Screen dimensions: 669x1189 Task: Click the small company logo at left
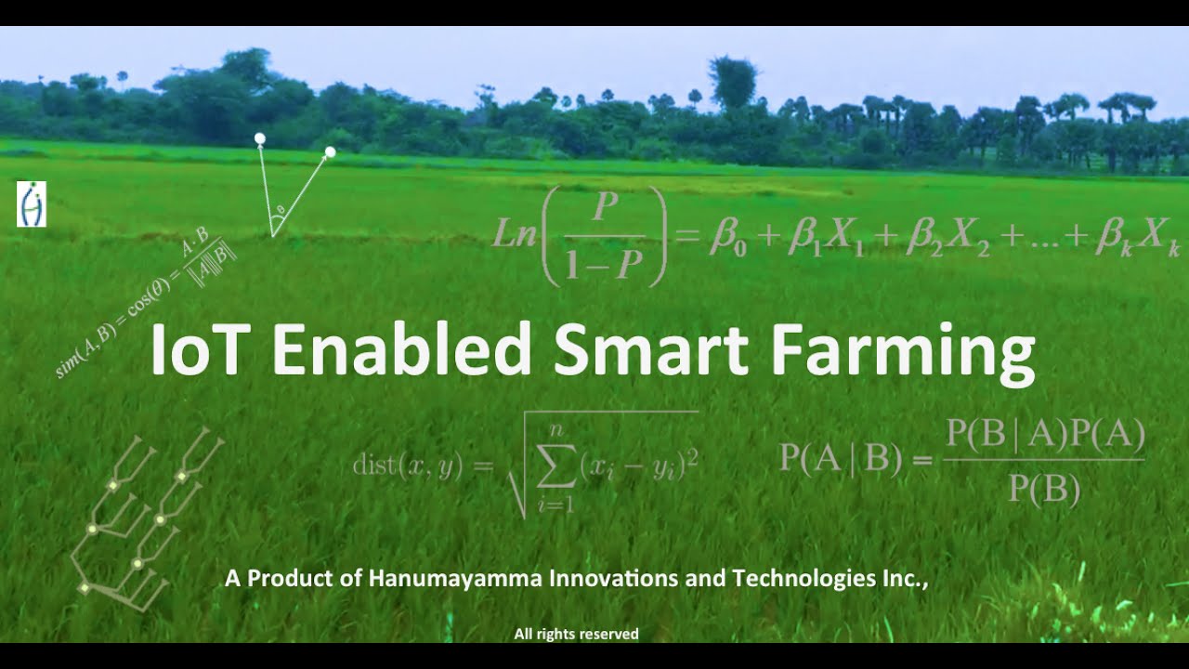(32, 204)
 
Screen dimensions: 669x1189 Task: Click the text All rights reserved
(576, 634)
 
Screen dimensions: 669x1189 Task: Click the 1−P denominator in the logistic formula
(603, 265)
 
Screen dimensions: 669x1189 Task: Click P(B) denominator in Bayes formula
(1044, 489)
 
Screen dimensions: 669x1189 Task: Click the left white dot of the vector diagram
(260, 138)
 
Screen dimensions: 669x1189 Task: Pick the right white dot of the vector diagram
(330, 151)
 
